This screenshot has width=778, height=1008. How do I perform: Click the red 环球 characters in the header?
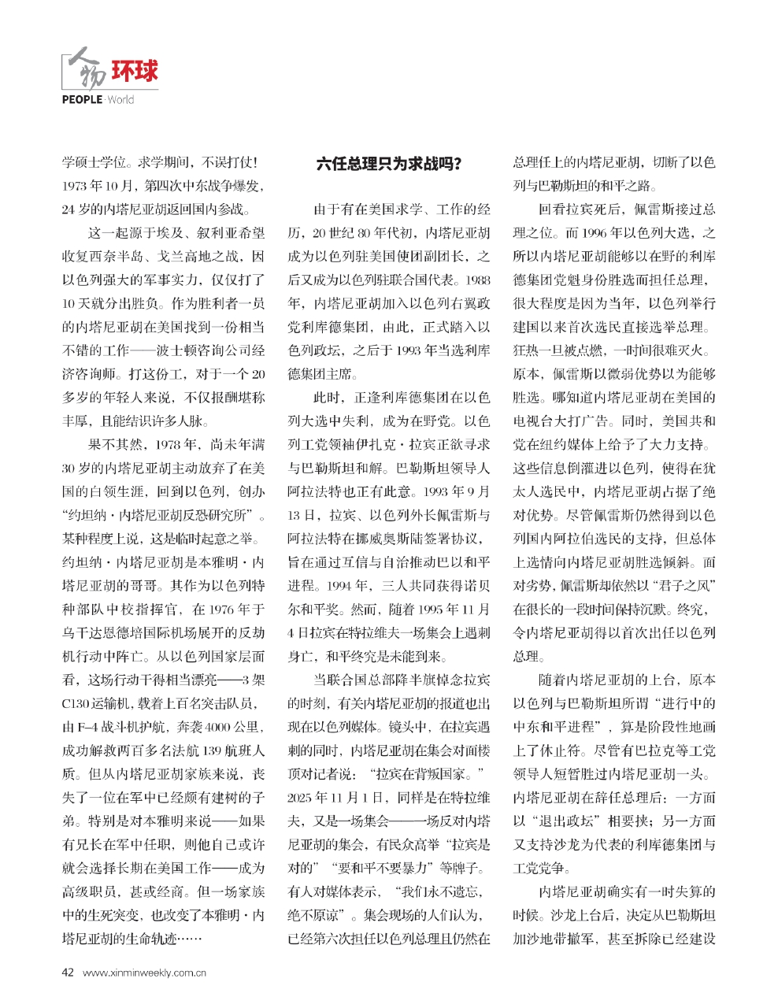[134, 72]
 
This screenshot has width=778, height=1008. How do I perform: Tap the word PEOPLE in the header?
[82, 100]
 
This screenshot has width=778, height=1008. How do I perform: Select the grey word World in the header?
[120, 100]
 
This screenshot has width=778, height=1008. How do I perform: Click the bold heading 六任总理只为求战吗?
[388, 164]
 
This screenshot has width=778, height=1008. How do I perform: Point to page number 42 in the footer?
[68, 972]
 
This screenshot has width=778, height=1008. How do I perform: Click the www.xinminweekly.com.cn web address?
[144, 973]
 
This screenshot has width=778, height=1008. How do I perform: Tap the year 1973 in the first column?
[77, 187]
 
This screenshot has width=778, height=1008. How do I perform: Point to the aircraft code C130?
[76, 703]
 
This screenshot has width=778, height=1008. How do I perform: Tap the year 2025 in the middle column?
[302, 798]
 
